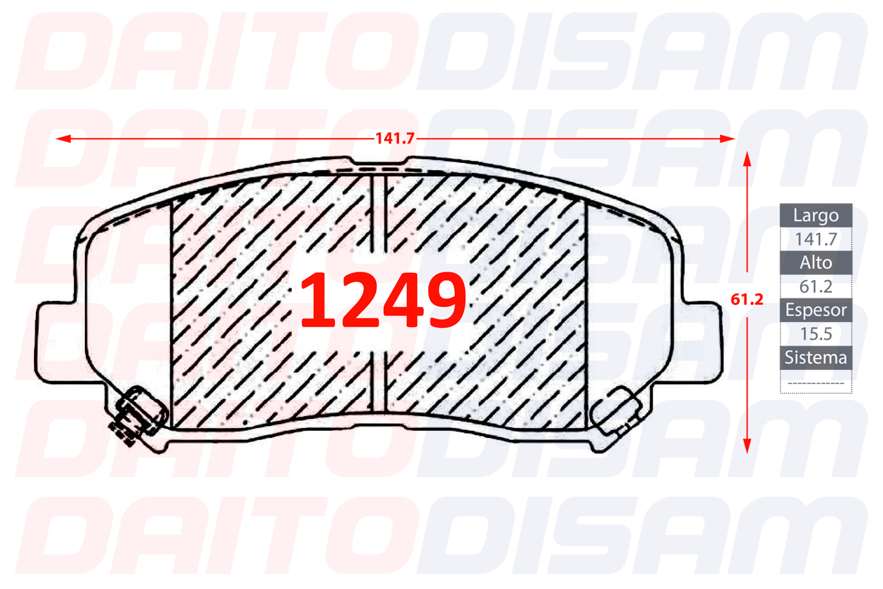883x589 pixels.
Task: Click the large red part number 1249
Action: (x=383, y=300)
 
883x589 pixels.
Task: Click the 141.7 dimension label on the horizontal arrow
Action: (x=394, y=139)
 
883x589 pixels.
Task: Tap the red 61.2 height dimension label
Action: (x=746, y=300)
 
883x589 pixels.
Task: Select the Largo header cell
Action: (x=816, y=215)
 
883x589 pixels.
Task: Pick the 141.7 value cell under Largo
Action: (x=816, y=239)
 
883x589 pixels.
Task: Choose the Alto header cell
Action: (x=816, y=262)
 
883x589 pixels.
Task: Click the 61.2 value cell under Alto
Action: (x=816, y=287)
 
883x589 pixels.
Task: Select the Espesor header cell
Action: (x=816, y=310)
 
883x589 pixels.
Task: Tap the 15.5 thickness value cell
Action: (x=816, y=334)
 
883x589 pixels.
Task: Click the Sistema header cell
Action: (x=816, y=358)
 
